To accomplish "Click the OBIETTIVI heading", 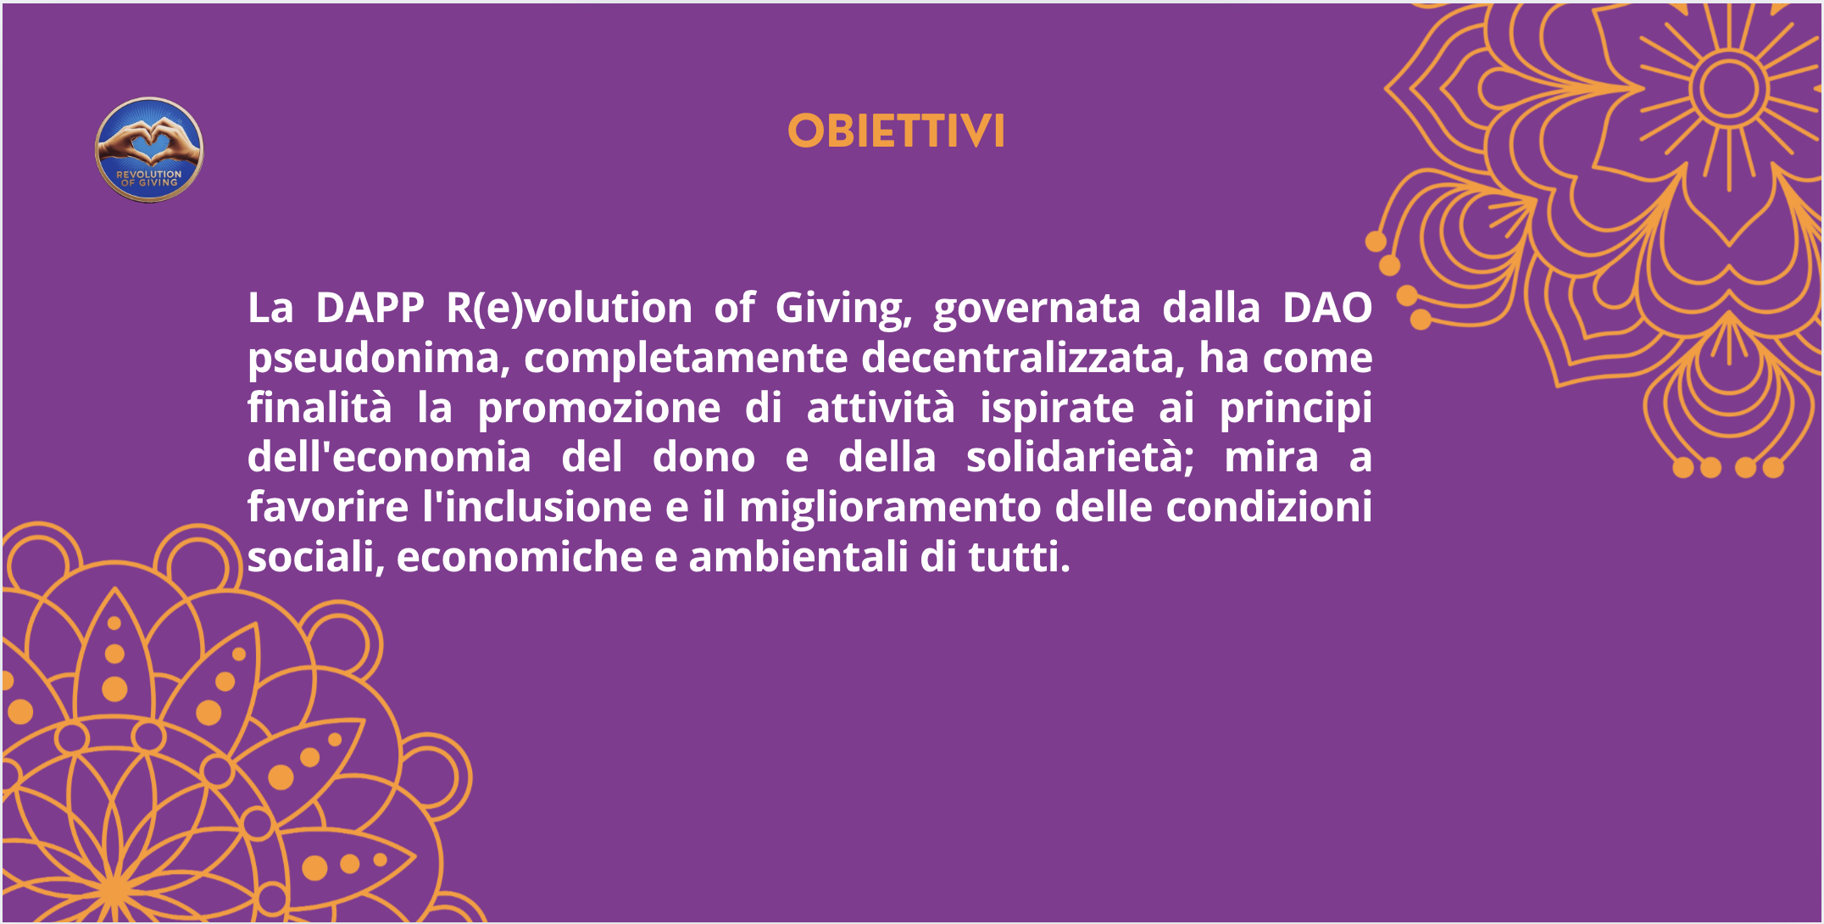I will click(896, 132).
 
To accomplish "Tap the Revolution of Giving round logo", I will click(149, 150).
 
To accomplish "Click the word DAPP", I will click(370, 308).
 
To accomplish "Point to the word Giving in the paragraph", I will click(842, 308).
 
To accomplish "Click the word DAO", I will click(1326, 308).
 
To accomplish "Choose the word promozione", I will click(598, 409).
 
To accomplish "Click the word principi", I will click(1295, 409).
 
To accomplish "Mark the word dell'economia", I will click(389, 458).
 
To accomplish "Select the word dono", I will click(703, 458).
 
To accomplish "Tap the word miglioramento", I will click(890, 508).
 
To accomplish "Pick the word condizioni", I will click(1269, 508).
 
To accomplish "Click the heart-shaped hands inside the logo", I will click(149, 139).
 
